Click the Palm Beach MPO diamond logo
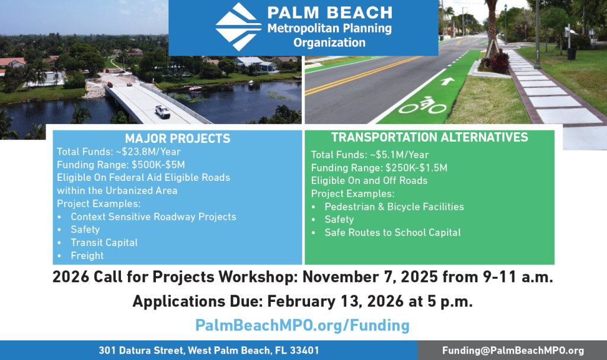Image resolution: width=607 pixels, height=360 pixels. [x=238, y=27]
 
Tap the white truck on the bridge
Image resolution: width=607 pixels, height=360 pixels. [x=162, y=111]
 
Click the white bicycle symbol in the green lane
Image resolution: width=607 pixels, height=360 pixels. [x=423, y=105]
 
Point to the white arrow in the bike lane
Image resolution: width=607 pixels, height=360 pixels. [x=447, y=81]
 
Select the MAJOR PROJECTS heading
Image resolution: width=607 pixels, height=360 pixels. [x=178, y=138]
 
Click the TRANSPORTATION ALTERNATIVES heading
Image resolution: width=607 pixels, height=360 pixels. [x=430, y=137]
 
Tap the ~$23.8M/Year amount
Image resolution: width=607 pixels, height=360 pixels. [x=148, y=151]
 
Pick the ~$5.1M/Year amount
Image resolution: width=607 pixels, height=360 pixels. [x=399, y=155]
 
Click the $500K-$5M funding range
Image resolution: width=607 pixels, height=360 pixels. [x=158, y=165]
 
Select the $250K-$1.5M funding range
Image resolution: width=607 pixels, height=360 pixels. [x=417, y=168]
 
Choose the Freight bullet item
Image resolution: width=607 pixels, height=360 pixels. [x=87, y=256]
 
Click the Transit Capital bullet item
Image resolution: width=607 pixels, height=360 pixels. [x=104, y=243]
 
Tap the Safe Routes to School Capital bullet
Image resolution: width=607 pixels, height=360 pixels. [x=392, y=232]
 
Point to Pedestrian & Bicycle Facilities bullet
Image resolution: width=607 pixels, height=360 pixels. [x=394, y=206]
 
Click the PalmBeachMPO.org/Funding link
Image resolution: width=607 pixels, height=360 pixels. [x=302, y=325]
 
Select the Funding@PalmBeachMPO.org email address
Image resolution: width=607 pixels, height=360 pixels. [x=513, y=351]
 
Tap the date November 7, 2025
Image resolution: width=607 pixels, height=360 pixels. [x=370, y=277]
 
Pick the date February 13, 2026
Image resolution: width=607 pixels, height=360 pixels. [x=336, y=301]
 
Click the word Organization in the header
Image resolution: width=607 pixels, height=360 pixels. [x=330, y=43]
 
